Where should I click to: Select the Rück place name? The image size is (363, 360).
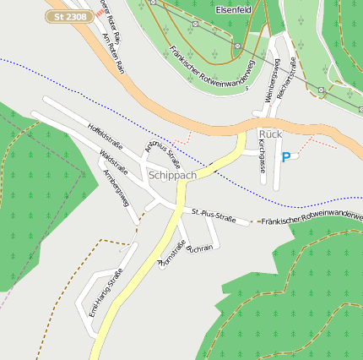269,134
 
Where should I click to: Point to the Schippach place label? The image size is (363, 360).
171,175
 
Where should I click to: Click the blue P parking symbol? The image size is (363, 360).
285,157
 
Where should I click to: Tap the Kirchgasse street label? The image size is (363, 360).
262,156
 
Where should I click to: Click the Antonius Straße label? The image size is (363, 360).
163,145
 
